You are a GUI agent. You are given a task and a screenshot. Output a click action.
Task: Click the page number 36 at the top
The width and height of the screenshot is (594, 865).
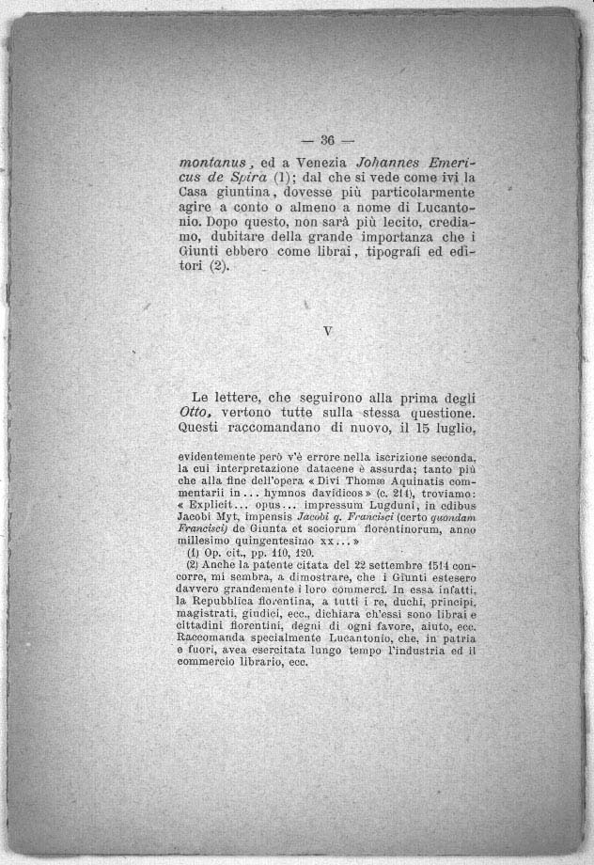(327, 141)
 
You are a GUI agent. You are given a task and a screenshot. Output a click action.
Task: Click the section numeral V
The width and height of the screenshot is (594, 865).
(326, 331)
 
